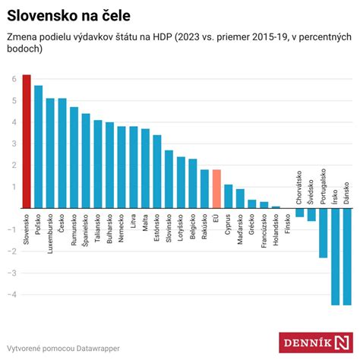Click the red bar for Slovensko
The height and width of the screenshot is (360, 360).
click(x=27, y=141)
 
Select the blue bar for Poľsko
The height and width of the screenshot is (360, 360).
click(x=38, y=147)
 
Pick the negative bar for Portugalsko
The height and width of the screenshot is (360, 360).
click(x=323, y=232)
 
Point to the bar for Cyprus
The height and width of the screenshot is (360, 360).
click(x=228, y=196)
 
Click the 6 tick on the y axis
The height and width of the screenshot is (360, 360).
click(x=14, y=79)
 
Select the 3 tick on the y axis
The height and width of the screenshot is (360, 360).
click(x=14, y=144)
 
